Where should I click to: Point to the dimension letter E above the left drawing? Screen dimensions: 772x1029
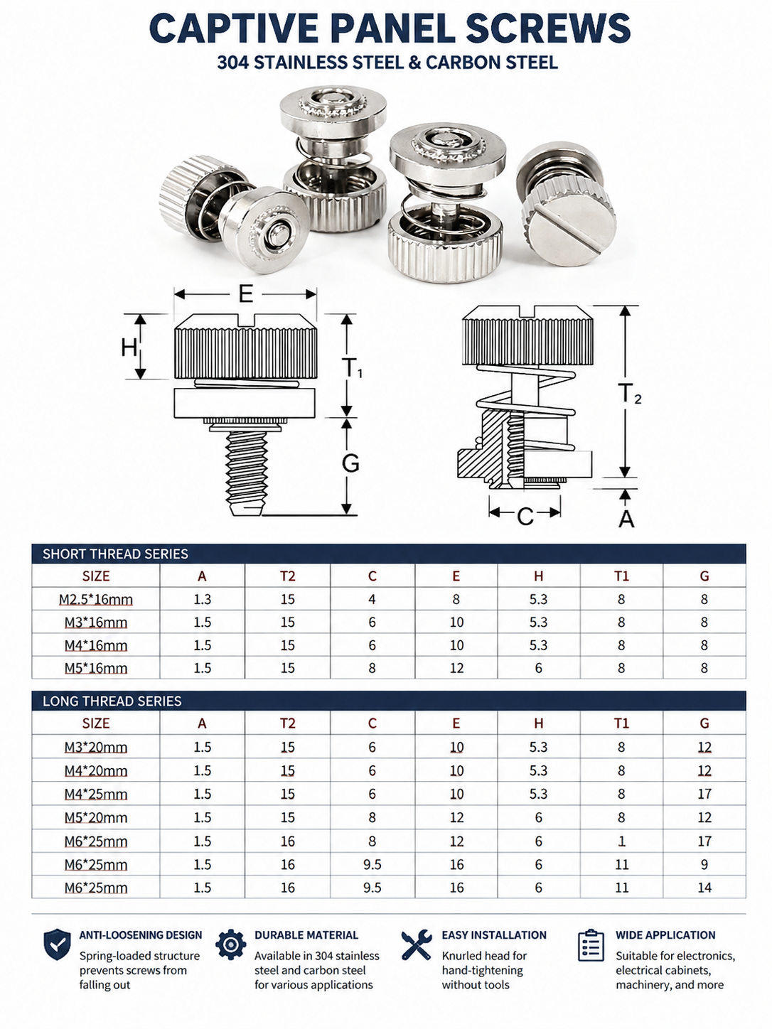246,294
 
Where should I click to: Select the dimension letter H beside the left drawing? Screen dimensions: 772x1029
129,348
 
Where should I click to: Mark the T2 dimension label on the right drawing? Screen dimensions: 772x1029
629,393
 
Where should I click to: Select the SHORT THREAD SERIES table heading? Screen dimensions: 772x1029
115,554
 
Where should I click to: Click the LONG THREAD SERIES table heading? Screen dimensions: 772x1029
112,701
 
